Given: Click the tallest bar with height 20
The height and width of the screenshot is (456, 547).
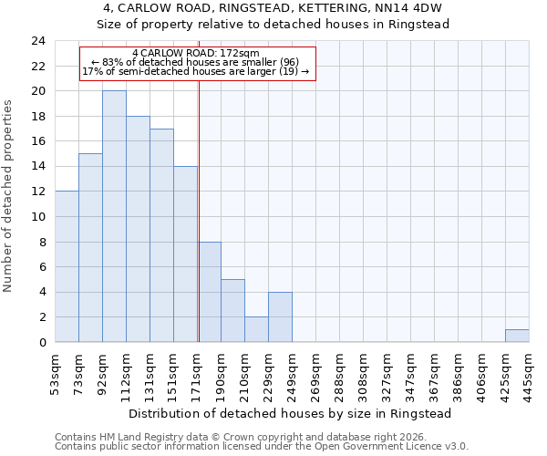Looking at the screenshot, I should point(114,216).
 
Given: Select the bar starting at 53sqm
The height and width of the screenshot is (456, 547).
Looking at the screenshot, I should point(67,266).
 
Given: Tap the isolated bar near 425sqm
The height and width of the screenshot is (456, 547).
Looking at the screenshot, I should point(517,336).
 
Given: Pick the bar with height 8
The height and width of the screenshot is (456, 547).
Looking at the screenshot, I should point(210,292).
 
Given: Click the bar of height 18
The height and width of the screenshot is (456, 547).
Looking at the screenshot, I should point(138,229).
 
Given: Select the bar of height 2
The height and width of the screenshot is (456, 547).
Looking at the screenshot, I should point(257,329).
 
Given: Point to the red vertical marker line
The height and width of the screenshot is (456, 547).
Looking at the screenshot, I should point(199,210).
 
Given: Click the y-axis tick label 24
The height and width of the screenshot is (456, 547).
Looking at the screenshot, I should point(37,41).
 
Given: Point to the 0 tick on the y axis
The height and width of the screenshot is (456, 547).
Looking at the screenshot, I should point(41,343).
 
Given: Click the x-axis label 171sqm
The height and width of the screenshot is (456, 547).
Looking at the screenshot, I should point(198,371).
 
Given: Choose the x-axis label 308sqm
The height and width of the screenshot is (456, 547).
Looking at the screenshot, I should point(364,371).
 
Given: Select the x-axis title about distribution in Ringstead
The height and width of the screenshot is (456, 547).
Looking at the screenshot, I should point(291,413).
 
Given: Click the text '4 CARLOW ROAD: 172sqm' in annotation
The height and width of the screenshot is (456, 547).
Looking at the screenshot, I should point(196,54).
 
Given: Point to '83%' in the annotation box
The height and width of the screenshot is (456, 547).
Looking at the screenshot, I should point(113,62).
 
